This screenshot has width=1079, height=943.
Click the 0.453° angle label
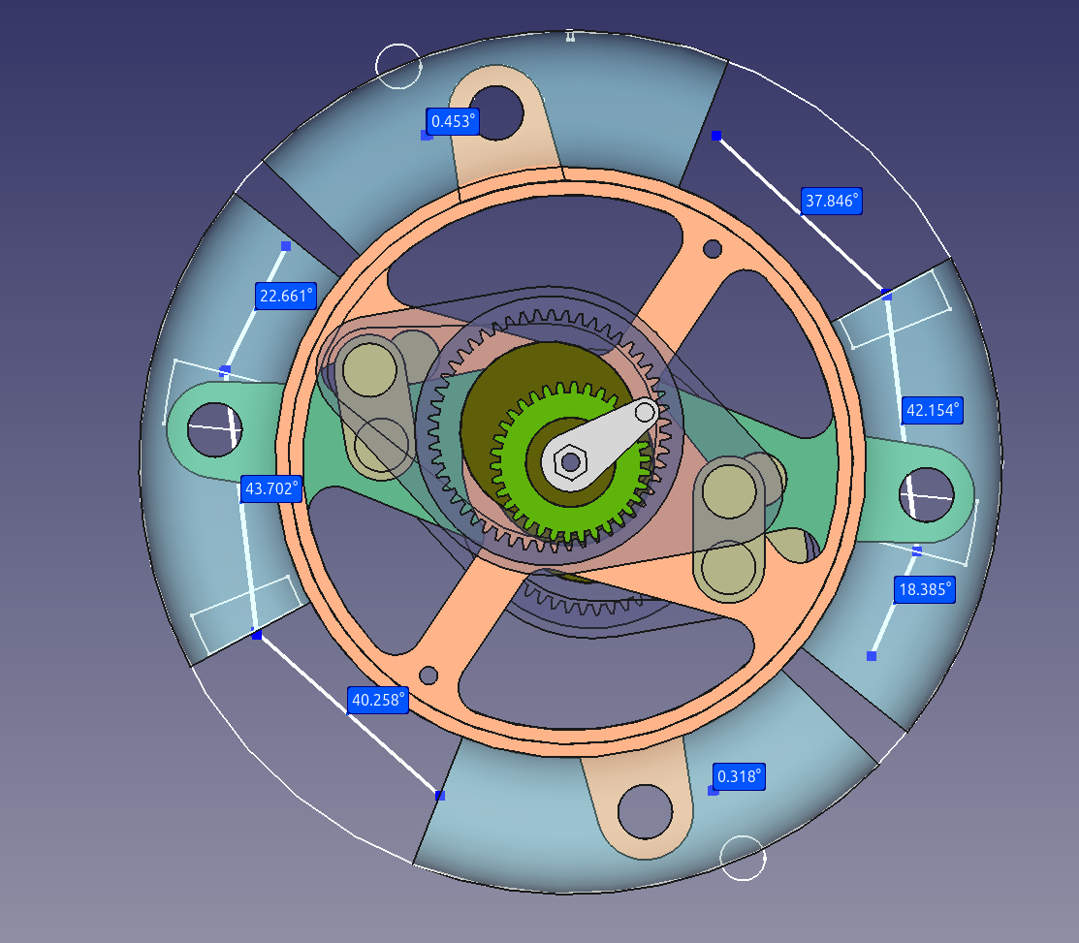[452, 122]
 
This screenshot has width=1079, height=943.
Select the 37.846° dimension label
[831, 201]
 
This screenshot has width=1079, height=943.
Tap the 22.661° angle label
[286, 297]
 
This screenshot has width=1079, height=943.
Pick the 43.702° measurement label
[271, 489]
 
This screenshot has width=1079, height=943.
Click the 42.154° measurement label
[933, 411]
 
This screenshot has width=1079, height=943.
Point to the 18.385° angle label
[925, 589]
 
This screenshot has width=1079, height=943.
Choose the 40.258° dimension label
[378, 700]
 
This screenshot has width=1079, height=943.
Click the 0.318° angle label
[739, 776]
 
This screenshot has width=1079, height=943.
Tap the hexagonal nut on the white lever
[570, 461]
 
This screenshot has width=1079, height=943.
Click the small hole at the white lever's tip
[645, 413]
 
